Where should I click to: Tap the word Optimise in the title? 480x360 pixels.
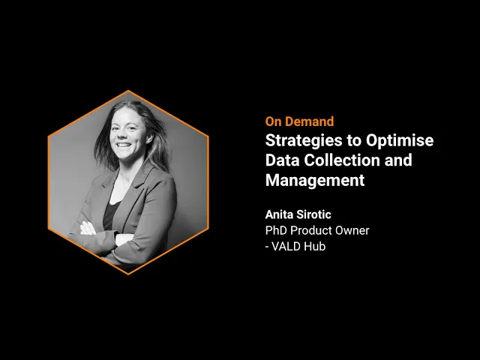coord(400,140)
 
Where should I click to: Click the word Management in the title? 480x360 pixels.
coord(315,180)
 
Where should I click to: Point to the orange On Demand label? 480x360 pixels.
coord(299,121)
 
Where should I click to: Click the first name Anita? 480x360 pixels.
coord(278,214)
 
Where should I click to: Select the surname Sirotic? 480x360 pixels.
coord(313,214)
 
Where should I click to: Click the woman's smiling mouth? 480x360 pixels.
coord(124,145)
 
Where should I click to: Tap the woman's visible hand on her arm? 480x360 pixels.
coord(88,229)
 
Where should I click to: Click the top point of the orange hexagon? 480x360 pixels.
coord(128,91)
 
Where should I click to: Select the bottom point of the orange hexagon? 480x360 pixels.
coord(128,274)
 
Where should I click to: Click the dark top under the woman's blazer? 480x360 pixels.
coord(110,215)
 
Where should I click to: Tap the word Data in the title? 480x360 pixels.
coord(283,160)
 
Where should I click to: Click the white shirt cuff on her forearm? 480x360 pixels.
coord(124,239)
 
